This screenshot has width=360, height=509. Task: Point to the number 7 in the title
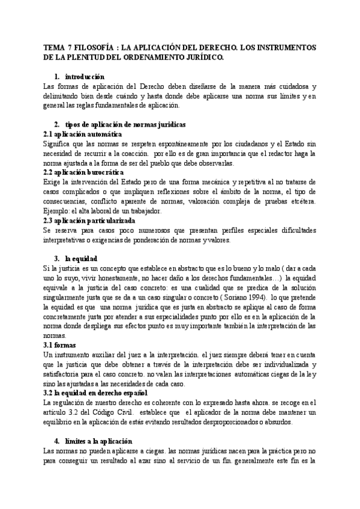(72, 47)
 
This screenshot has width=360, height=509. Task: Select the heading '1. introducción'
(79, 77)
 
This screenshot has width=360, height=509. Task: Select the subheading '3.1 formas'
(62, 346)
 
